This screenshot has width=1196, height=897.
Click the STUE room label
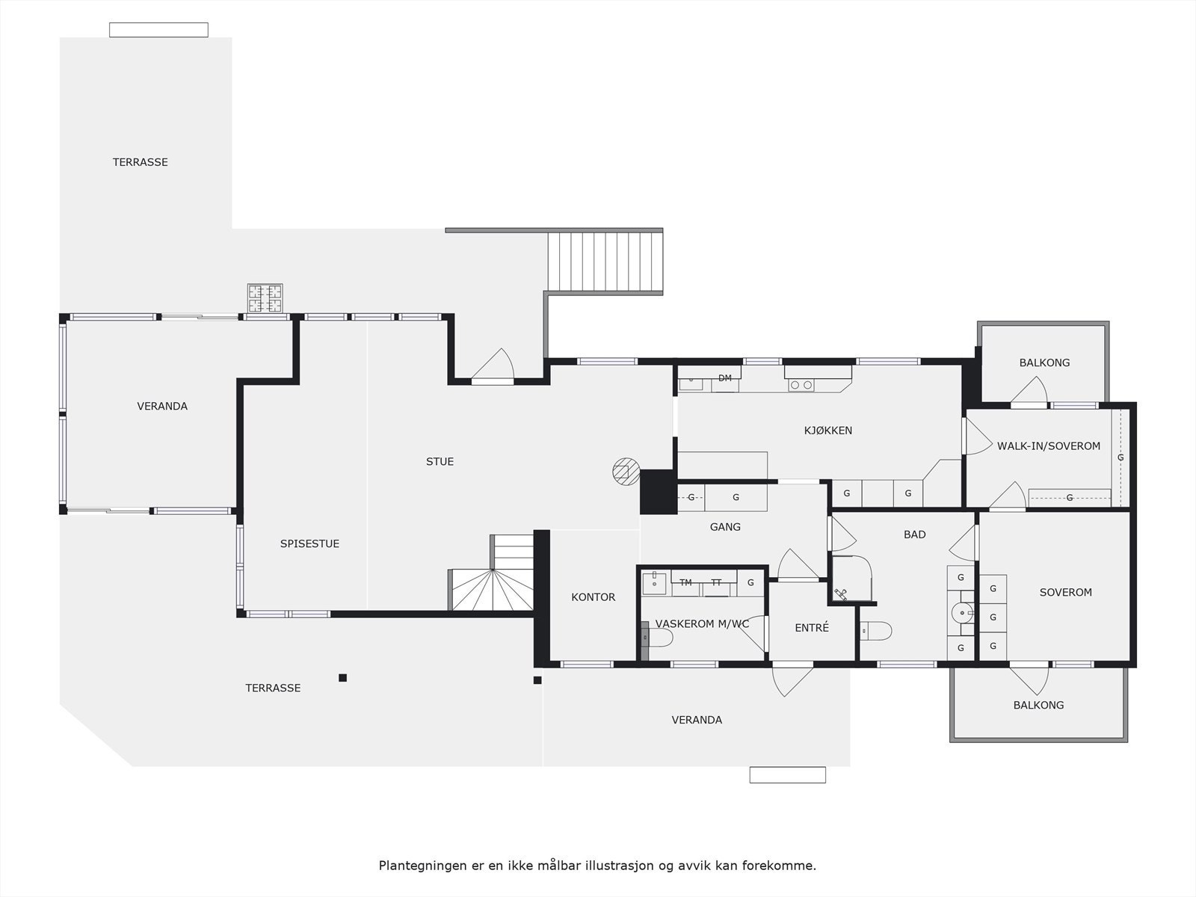click(440, 462)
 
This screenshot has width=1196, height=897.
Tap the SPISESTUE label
click(309, 543)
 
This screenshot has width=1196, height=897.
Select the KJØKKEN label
click(828, 431)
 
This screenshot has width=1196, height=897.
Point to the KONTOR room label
click(593, 597)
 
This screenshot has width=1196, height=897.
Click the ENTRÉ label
click(811, 627)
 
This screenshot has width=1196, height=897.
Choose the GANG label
click(724, 527)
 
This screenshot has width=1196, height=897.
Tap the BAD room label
click(914, 534)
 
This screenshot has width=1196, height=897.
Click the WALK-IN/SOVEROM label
click(1048, 446)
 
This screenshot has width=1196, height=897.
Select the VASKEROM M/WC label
click(702, 623)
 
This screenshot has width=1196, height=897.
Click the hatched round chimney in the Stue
click(626, 471)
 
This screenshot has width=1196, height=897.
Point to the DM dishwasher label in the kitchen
click(724, 378)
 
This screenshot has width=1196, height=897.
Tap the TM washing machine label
click(685, 582)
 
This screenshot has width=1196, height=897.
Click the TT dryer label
click(716, 582)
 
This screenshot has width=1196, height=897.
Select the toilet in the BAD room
click(875, 631)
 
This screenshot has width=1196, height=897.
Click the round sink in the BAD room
click(963, 613)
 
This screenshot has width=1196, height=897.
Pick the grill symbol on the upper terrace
click(265, 298)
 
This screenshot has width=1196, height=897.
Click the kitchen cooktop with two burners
click(801, 385)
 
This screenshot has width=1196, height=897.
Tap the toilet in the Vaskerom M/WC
click(657, 637)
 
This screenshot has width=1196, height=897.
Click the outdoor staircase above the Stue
click(605, 262)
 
